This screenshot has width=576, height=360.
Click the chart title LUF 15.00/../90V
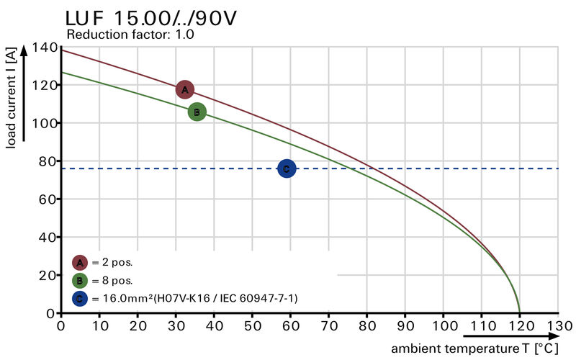(150, 17)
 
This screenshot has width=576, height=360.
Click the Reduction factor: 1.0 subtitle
(130, 34)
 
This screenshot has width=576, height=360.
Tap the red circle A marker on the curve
(185, 89)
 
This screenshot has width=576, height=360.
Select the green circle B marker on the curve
(197, 112)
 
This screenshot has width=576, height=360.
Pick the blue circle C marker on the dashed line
(286, 168)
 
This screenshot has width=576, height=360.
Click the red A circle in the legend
(80, 262)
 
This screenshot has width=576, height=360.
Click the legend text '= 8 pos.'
(112, 280)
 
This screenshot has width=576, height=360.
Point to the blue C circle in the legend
(80, 297)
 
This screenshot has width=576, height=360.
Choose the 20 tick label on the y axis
(48, 275)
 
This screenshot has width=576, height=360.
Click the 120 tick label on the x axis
(519, 325)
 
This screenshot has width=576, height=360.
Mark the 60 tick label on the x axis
(290, 325)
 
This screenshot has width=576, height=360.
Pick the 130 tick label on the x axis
(557, 325)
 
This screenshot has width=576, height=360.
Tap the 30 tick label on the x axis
(176, 325)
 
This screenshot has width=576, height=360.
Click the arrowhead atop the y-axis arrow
(24, 49)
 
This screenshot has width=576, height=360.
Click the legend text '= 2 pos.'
(112, 262)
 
